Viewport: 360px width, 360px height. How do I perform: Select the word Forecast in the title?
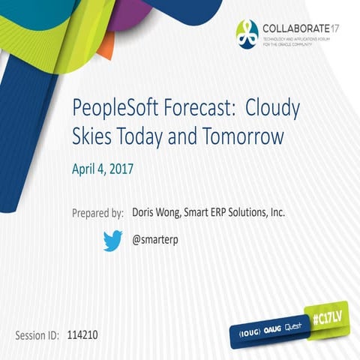[196, 109]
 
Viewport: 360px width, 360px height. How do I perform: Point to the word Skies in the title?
[93, 137]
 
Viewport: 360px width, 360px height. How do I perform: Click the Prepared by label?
[98, 213]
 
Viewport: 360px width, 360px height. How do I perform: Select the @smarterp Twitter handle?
[155, 240]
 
